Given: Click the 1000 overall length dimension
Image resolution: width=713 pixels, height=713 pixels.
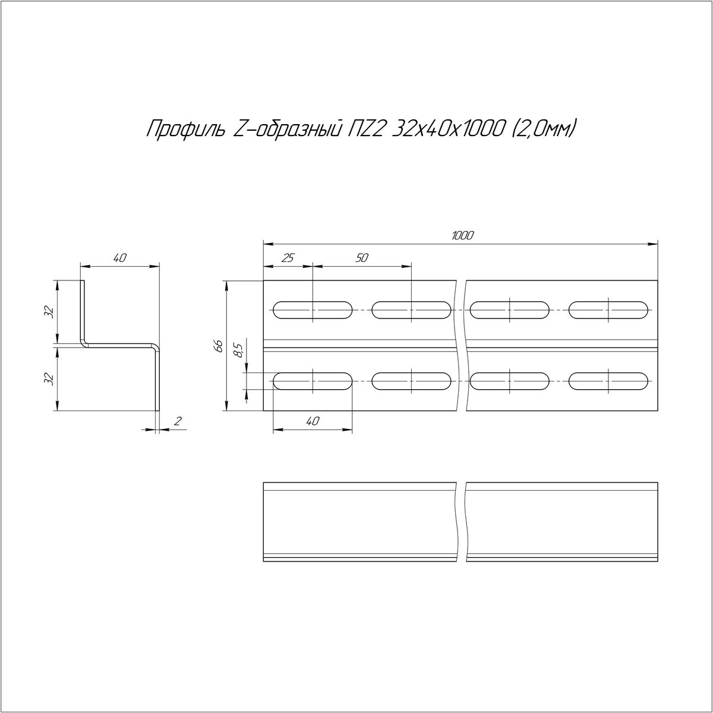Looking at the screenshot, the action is pyautogui.click(x=462, y=236).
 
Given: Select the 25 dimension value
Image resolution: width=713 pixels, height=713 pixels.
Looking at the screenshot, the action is pyautogui.click(x=288, y=258).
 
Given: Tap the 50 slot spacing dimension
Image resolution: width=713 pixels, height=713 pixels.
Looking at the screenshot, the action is pyautogui.click(x=362, y=258).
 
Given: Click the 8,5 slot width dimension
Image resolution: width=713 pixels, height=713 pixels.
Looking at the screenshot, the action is pyautogui.click(x=238, y=349).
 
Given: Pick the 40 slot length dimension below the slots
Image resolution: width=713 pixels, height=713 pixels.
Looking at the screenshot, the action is pyautogui.click(x=313, y=421).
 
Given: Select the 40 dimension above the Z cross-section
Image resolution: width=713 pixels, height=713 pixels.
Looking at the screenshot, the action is pyautogui.click(x=119, y=258).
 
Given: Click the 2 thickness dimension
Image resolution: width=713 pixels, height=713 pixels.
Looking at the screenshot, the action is pyautogui.click(x=178, y=421).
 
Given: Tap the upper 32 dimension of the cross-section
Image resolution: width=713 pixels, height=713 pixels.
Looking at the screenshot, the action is pyautogui.click(x=49, y=313).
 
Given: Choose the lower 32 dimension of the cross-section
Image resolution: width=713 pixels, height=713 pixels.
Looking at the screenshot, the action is pyautogui.click(x=49, y=379).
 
